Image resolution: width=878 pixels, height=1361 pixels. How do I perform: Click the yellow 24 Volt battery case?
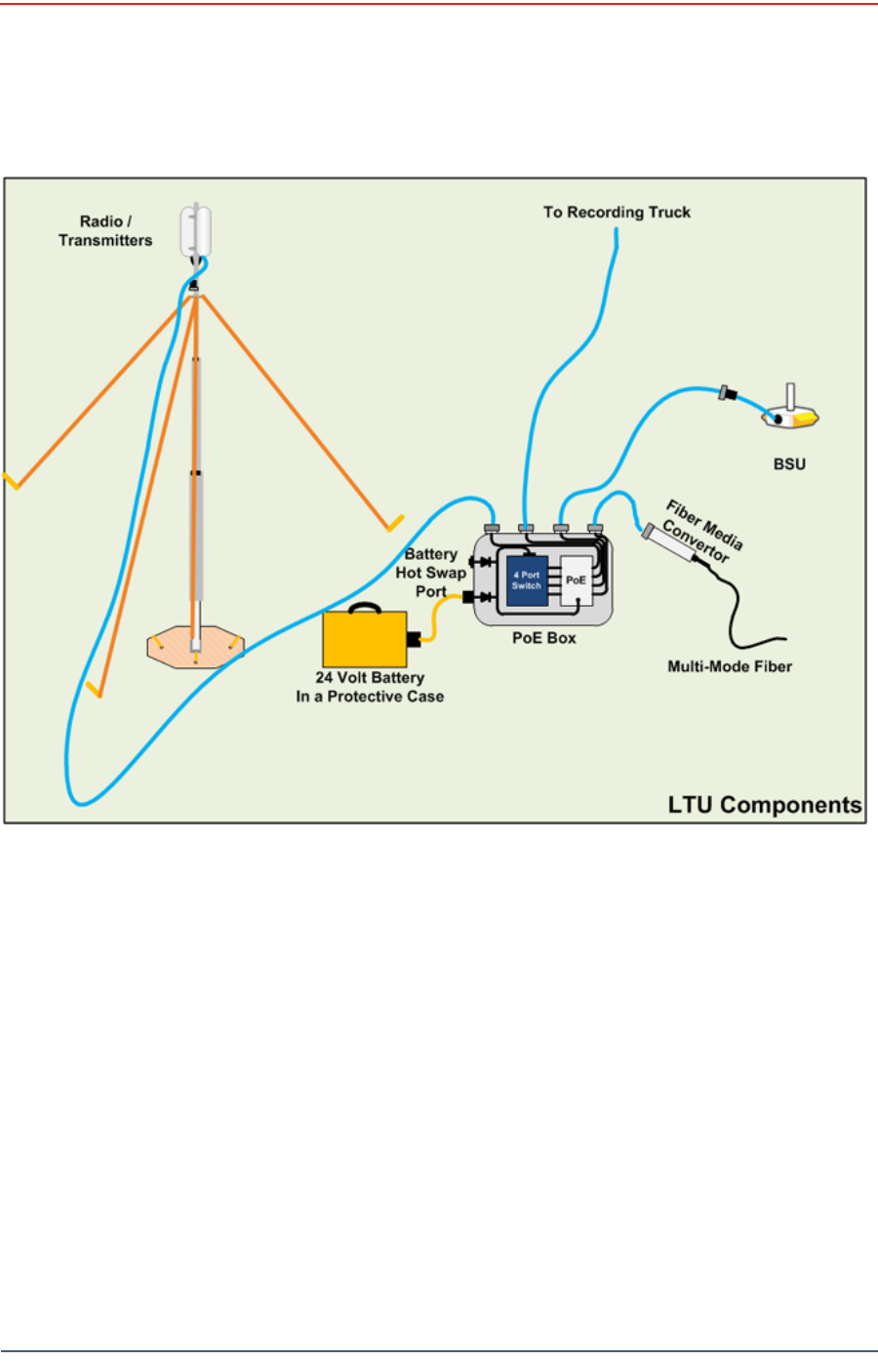[x=364, y=639]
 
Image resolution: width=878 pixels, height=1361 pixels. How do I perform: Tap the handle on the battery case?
[x=364, y=609]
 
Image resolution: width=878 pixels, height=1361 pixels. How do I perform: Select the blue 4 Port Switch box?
[x=527, y=580]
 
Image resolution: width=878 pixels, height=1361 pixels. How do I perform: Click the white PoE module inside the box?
[x=577, y=580]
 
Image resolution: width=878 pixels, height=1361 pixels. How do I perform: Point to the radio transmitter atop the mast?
[x=195, y=231]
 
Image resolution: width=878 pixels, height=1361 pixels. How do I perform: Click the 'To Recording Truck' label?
[x=617, y=212]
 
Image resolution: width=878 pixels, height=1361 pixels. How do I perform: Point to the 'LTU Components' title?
[x=764, y=805]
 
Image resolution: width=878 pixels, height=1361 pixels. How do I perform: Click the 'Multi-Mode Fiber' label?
[x=730, y=666]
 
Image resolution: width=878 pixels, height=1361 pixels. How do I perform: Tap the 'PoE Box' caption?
[x=544, y=638]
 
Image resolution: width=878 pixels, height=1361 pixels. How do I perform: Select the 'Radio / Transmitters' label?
[x=105, y=231]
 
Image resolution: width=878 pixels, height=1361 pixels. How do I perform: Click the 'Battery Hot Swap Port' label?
[x=430, y=573]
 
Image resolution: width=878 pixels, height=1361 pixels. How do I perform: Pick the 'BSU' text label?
[x=789, y=464]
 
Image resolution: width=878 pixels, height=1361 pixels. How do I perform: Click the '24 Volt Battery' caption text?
[x=370, y=678]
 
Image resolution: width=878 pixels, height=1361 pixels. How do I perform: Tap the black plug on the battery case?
[x=414, y=639]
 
